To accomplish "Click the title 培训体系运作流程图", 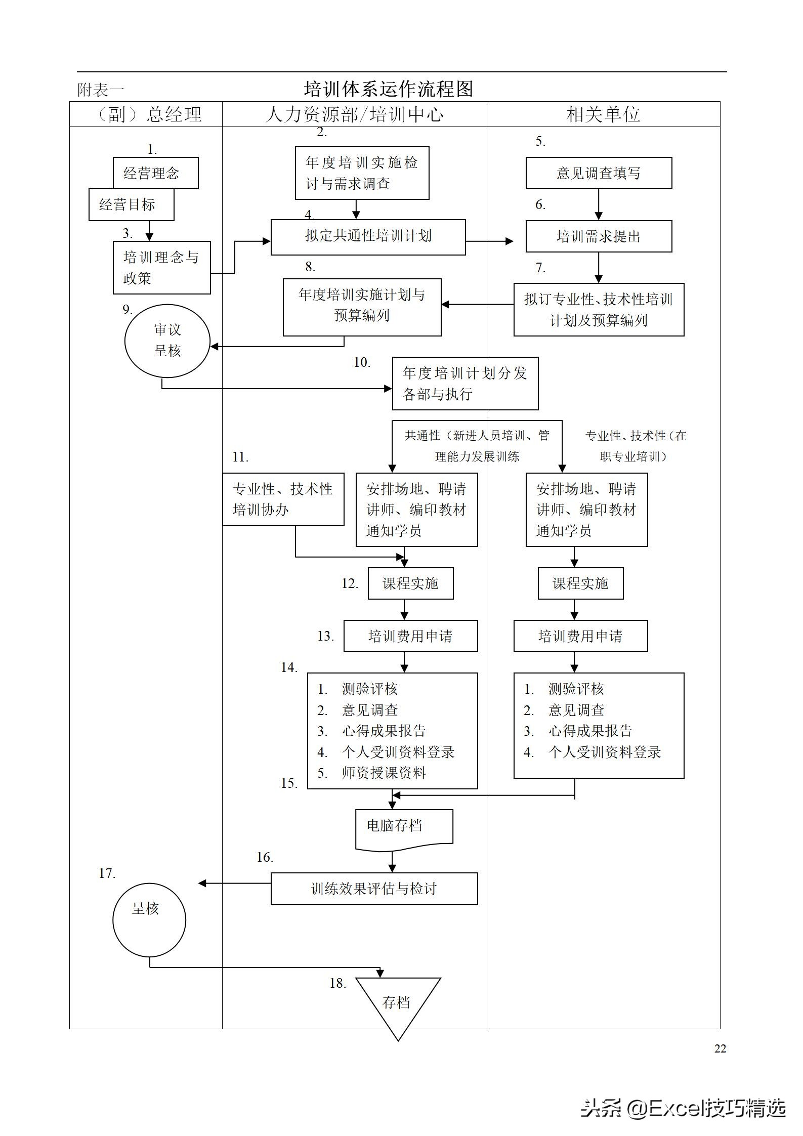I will tap(388, 89).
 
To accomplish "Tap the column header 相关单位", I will tap(603, 114).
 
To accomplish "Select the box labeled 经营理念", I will tap(155, 173).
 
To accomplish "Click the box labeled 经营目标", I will tap(131, 205).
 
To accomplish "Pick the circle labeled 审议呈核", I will tap(167, 341).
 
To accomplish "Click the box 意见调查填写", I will tap(599, 173).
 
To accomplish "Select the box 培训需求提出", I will tap(599, 236).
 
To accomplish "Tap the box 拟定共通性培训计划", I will tap(368, 237).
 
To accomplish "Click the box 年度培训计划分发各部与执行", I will tap(465, 384).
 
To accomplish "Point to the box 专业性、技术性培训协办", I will tap(283, 499).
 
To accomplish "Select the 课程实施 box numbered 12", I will tap(410, 583).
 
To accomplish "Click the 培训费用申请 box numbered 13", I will tap(410, 636).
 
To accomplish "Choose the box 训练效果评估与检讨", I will tap(374, 889).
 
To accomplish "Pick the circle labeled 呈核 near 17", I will tap(149, 919).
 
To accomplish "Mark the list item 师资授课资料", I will tap(384, 773).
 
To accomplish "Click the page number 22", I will tap(720, 1048).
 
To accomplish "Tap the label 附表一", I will tap(101, 90).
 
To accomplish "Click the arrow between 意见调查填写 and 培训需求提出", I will tap(599, 204).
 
